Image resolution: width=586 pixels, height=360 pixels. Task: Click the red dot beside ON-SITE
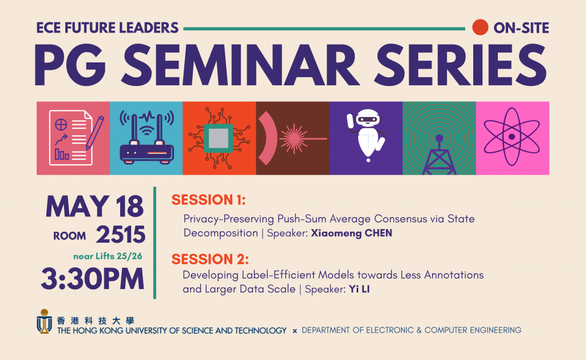[x=480, y=27]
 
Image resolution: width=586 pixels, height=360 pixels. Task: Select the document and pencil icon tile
[x=73, y=138]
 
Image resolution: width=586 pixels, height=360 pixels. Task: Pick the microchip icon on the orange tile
[x=219, y=138]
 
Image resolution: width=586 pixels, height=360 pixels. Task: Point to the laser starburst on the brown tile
[x=294, y=139]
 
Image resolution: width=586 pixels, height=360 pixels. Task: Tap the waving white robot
[x=366, y=135]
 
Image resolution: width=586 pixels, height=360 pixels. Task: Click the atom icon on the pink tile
[x=512, y=137]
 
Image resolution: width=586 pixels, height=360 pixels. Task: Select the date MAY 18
[x=94, y=207]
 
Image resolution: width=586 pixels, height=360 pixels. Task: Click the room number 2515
[x=120, y=235]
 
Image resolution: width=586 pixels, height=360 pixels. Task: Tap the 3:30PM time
[x=93, y=279]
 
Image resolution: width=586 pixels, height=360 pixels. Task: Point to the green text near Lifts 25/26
[x=108, y=256]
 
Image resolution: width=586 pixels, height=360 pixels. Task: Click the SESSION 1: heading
[x=208, y=200]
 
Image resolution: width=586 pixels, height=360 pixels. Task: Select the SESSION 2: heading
[x=210, y=259]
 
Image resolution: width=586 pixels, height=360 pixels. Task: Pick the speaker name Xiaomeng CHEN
[x=352, y=234]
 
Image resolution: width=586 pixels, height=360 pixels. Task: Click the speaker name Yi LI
[x=359, y=289]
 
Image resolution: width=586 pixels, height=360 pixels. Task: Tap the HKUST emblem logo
[x=44, y=321]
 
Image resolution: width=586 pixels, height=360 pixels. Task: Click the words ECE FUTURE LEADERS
[x=107, y=28]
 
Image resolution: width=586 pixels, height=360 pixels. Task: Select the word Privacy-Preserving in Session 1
[x=228, y=219]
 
